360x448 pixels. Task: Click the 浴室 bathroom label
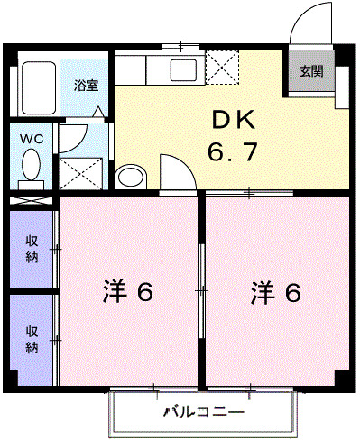click(87, 87)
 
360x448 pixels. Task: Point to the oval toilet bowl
click(32, 168)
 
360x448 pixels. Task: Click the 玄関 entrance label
click(311, 70)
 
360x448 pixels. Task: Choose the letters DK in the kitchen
click(235, 118)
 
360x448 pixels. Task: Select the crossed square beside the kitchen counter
click(222, 68)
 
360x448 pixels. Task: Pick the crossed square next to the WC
click(81, 170)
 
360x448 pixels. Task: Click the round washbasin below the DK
click(130, 177)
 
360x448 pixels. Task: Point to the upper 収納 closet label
click(32, 248)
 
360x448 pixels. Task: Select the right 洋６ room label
click(275, 293)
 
